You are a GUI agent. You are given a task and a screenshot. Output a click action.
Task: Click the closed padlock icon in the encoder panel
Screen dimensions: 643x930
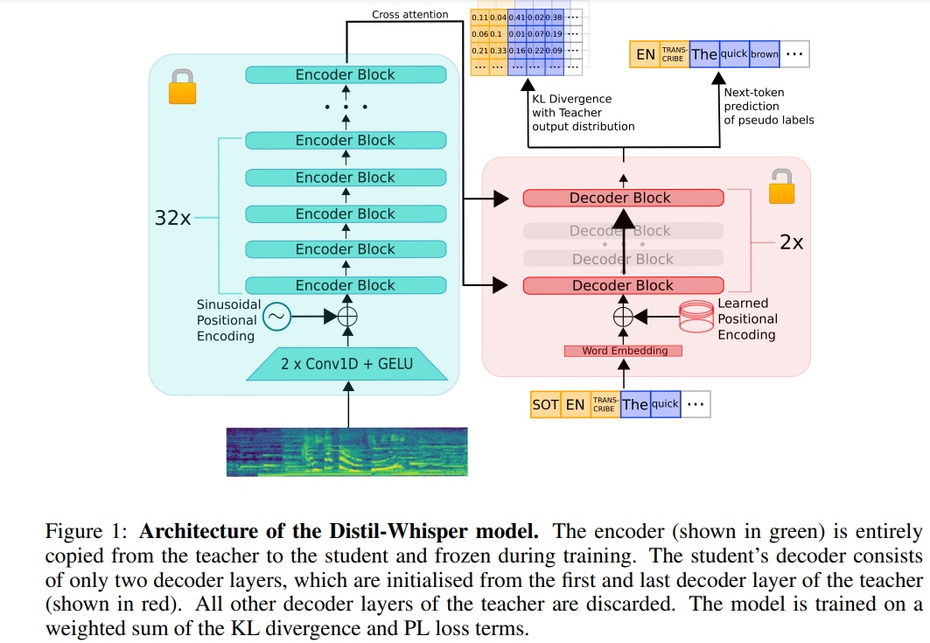(181, 87)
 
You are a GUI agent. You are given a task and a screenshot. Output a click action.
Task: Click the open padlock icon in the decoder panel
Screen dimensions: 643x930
(781, 187)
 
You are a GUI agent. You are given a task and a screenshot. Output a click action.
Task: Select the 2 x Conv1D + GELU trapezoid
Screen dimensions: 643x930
(347, 363)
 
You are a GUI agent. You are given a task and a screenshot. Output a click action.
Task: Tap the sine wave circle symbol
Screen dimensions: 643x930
(276, 318)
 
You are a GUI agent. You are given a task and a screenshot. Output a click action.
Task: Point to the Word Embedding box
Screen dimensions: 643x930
(625, 351)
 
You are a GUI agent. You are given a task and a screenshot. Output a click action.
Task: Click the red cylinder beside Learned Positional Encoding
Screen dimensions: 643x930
(696, 317)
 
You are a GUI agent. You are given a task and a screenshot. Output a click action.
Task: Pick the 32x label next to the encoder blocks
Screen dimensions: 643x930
(172, 218)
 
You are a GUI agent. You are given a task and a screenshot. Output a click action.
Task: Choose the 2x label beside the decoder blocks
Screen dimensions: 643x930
(791, 242)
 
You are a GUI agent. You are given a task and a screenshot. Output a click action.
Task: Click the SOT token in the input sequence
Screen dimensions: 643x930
(545, 404)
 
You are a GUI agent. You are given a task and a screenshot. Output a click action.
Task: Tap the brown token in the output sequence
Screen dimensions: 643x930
(764, 54)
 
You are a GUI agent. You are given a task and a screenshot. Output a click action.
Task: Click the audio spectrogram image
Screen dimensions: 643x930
(347, 451)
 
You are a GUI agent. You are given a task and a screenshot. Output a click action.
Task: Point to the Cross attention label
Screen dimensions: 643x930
(409, 15)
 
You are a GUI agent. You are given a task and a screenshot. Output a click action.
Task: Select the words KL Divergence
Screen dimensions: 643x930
(571, 99)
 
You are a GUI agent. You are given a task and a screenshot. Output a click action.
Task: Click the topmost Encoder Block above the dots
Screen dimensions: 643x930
(346, 75)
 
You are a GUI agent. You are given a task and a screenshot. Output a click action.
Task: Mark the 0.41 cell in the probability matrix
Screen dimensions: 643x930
(518, 17)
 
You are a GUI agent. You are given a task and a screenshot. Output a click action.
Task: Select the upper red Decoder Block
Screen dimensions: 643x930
(623, 198)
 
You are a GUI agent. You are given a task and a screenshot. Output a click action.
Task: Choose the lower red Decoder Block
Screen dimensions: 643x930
(623, 285)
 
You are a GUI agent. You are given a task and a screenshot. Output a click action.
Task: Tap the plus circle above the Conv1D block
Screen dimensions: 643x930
(348, 317)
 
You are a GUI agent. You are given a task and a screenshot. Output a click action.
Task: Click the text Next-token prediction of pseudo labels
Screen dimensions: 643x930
(768, 106)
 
